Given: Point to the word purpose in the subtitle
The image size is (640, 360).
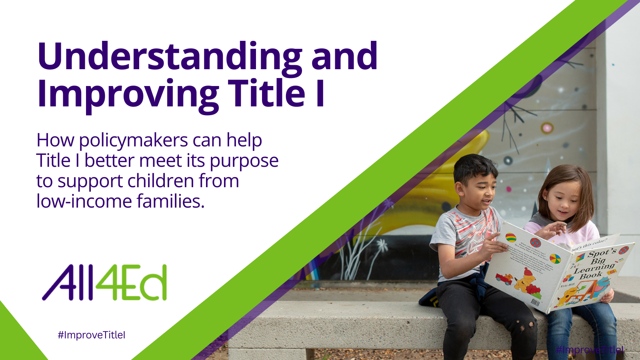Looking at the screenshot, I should click(244, 161).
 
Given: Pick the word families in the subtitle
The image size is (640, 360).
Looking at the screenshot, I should click(170, 201).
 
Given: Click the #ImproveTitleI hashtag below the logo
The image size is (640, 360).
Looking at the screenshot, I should click(92, 335).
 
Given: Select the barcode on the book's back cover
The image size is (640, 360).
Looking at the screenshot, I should click(535, 302).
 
